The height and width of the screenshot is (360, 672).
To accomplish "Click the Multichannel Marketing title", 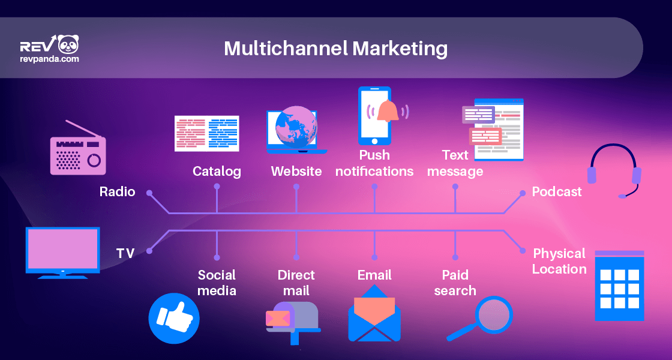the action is [x=335, y=49].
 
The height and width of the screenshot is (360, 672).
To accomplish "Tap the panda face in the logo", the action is [x=68, y=44].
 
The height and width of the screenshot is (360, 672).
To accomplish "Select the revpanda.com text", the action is [x=49, y=59].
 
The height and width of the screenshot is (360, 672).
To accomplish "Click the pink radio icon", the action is [x=77, y=148].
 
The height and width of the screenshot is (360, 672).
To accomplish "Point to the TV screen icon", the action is [x=62, y=253].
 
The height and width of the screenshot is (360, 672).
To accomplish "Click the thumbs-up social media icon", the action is [x=173, y=318].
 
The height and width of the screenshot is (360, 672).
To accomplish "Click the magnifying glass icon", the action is [x=480, y=318].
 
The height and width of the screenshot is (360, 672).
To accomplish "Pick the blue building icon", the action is [x=619, y=286].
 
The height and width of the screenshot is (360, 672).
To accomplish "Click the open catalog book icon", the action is [x=206, y=133].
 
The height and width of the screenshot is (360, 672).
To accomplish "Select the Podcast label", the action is [x=557, y=191].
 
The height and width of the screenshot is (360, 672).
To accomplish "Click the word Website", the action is [x=296, y=172].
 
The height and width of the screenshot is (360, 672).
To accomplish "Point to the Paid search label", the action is [x=455, y=283].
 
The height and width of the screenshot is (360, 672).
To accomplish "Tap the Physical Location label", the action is [x=559, y=261].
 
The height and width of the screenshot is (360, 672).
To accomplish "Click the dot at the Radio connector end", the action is [x=149, y=193].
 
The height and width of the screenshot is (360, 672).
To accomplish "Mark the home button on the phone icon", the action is [x=374, y=141].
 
